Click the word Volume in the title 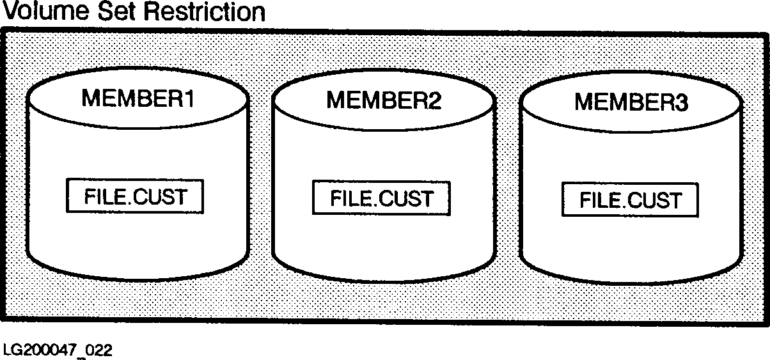[43, 12]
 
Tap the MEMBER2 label [384, 100]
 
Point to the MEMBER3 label [631, 102]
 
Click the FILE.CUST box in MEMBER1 [135, 196]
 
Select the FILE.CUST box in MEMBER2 [381, 198]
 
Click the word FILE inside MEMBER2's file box [349, 198]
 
